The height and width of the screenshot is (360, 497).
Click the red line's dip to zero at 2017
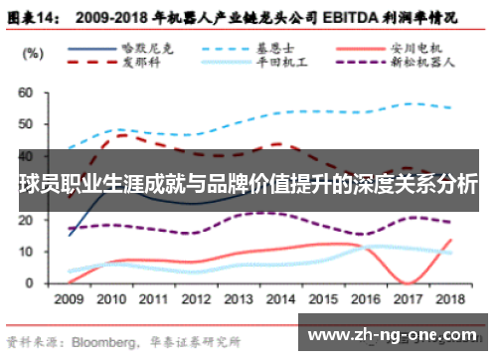click(409, 282)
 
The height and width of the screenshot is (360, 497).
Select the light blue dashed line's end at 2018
click(453, 108)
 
